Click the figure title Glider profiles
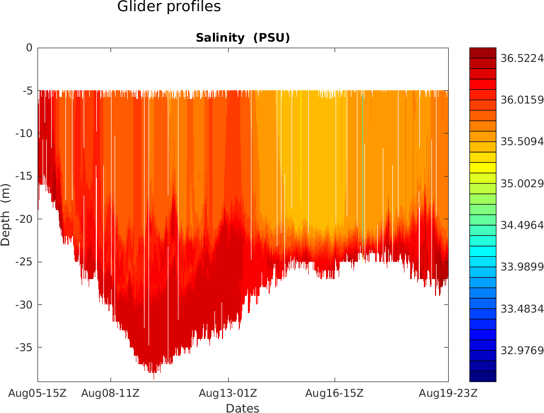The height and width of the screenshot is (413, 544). tap(169, 7)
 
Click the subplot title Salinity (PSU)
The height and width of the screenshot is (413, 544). tap(243, 38)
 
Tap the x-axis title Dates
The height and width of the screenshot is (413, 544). tap(242, 408)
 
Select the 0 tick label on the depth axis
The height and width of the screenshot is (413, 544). tap(29, 48)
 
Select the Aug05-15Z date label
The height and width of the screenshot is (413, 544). tap(38, 393)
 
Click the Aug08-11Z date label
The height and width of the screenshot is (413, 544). tap(111, 393)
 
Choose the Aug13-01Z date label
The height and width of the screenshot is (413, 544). tap(228, 393)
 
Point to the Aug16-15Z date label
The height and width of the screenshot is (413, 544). tap(335, 393)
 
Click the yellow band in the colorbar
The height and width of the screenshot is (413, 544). tap(483, 167)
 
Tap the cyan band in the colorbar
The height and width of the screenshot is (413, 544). tap(483, 251)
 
